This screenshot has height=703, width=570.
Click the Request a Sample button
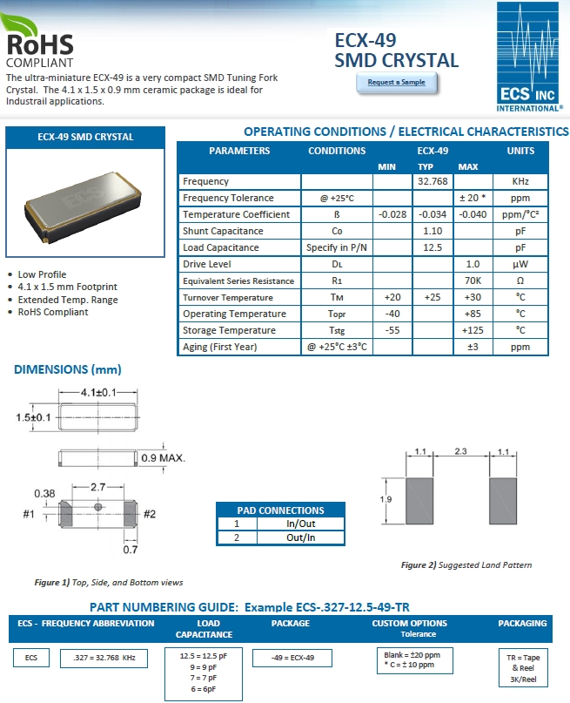click(397, 82)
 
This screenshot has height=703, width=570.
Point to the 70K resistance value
click(473, 281)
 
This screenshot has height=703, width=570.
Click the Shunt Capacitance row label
click(223, 231)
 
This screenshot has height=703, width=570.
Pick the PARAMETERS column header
click(239, 151)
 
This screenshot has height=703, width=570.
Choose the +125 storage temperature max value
click(473, 330)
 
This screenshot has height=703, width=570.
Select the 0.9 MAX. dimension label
click(164, 457)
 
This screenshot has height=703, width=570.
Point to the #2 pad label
click(149, 513)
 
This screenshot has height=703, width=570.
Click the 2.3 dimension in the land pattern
click(461, 452)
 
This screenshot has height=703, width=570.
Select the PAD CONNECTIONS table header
click(280, 510)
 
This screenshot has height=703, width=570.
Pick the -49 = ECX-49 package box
click(291, 657)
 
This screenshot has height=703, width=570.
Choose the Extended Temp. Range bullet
click(68, 300)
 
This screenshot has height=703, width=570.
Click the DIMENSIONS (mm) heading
click(67, 370)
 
